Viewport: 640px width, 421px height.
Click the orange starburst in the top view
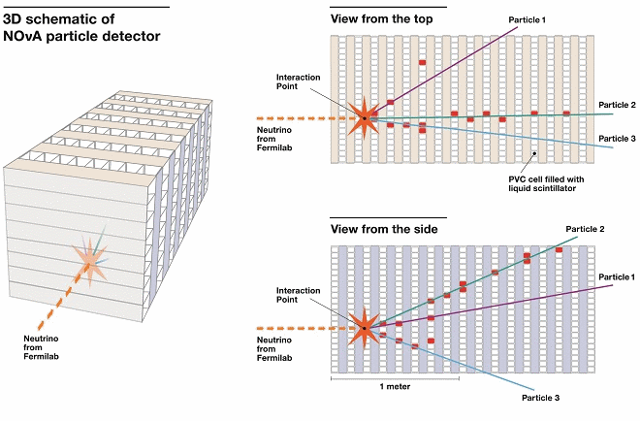click(x=366, y=119)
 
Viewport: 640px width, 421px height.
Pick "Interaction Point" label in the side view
click(x=298, y=294)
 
